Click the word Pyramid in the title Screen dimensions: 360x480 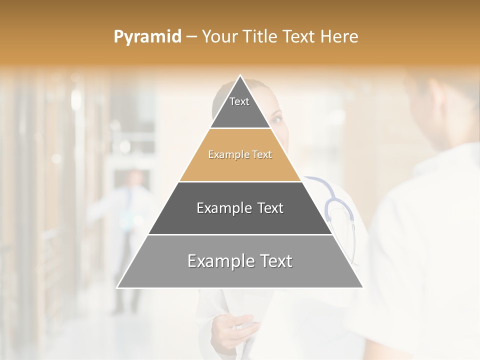[147, 36]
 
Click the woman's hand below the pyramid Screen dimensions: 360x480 [235, 327]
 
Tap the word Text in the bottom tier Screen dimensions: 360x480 [272, 261]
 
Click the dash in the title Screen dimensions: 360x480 [191, 36]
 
